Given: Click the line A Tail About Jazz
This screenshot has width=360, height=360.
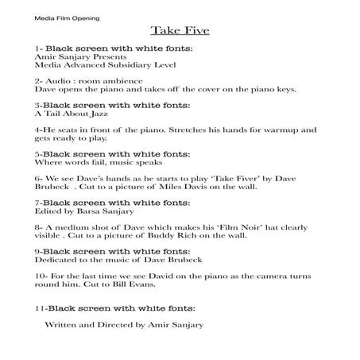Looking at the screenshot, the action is coord(74,114).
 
